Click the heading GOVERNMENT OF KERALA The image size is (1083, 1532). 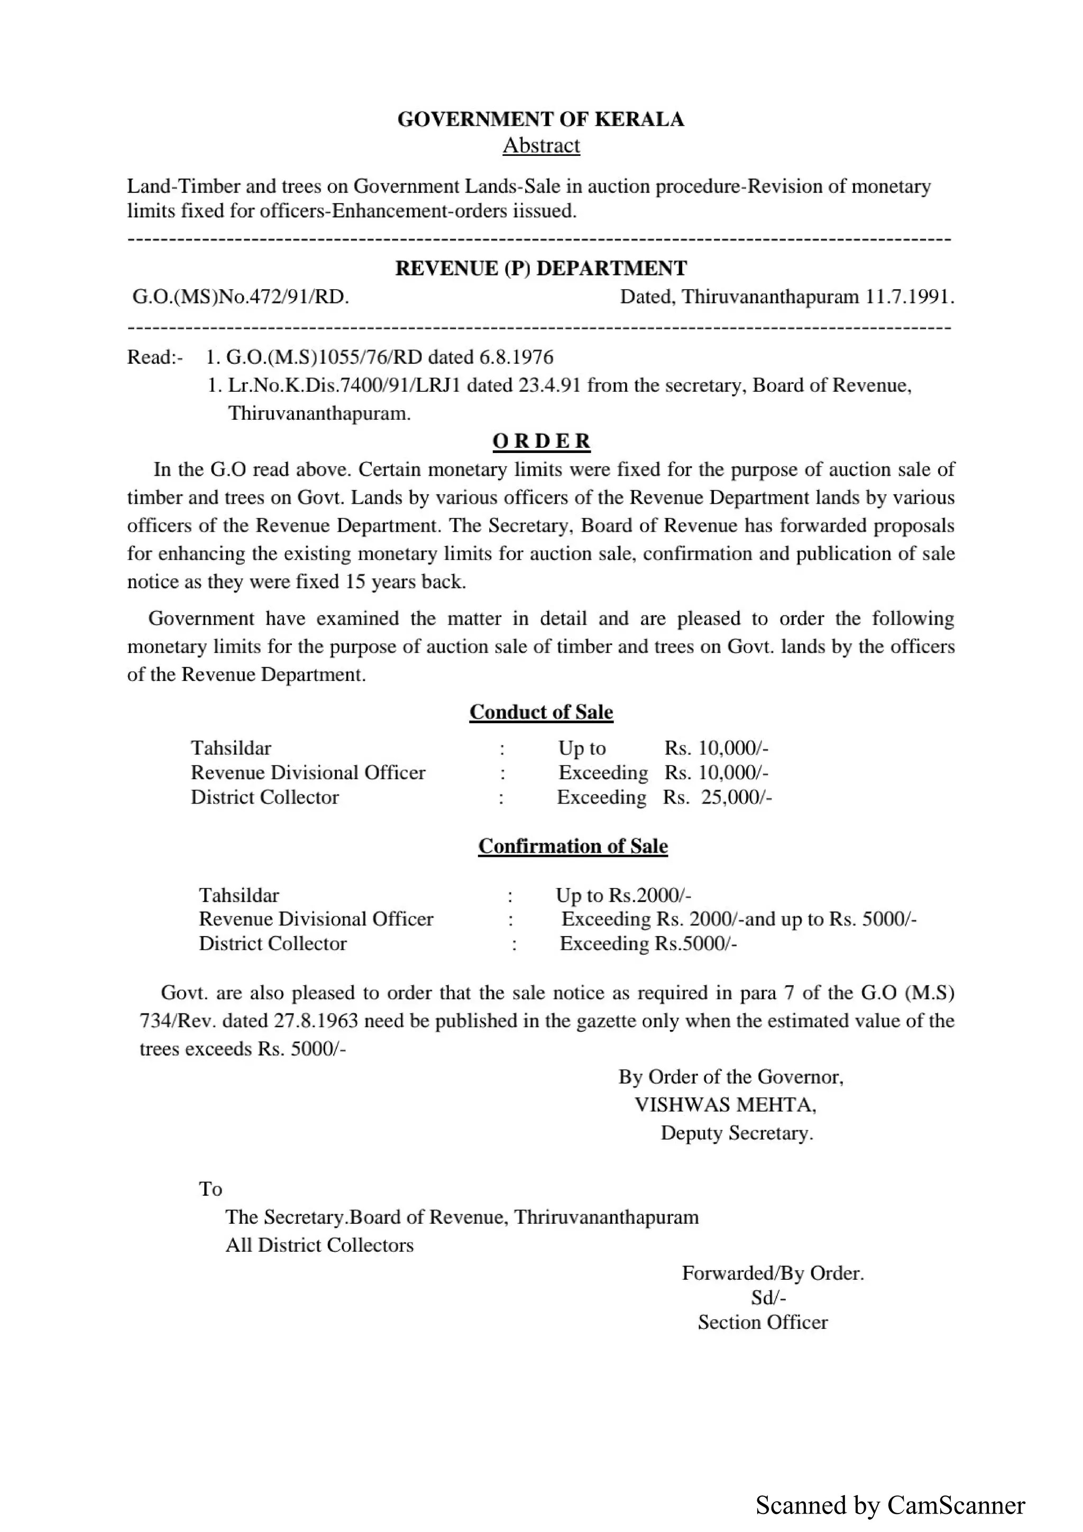(540, 119)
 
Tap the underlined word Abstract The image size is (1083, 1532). (540, 145)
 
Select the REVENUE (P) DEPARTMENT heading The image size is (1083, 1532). (540, 268)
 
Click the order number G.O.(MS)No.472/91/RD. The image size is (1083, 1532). (241, 297)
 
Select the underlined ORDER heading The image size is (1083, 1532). (541, 441)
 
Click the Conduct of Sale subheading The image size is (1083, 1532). (540, 712)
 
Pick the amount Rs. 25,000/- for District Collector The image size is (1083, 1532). (718, 797)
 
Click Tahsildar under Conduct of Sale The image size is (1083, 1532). (231, 748)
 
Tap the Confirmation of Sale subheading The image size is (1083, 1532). (573, 846)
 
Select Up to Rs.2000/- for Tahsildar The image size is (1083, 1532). (623, 896)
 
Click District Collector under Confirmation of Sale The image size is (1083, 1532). (272, 944)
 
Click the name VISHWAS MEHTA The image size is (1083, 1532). (726, 1105)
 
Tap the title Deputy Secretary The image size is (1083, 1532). (737, 1133)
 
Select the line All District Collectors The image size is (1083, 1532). (319, 1245)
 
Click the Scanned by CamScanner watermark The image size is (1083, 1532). (890, 1506)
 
